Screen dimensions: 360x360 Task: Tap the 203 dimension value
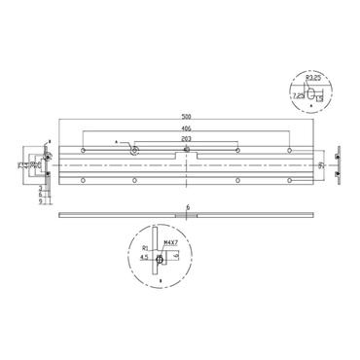coord(187,140)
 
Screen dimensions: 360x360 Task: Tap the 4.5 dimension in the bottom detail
coord(144,258)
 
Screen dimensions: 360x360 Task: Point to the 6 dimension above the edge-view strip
coord(187,206)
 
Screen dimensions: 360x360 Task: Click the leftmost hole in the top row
coord(84,152)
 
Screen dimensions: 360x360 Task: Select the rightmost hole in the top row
coord(289,152)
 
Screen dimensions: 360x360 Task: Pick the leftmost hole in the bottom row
coord(84,180)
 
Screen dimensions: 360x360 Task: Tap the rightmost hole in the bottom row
coord(289,180)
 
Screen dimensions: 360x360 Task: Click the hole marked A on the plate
coord(134,152)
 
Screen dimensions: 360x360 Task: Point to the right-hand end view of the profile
coord(337,165)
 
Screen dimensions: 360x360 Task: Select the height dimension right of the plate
coord(320,165)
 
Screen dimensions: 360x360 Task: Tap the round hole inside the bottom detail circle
coord(159,260)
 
